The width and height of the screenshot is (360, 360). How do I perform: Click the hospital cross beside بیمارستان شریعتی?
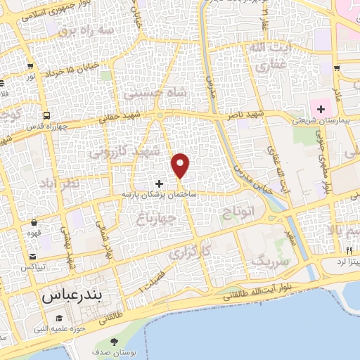pos(321,109)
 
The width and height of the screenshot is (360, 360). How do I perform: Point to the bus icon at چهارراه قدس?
pos(46,115)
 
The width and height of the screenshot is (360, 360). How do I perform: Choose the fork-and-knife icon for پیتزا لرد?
pos(349,250)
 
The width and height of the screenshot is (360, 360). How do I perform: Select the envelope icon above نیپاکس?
pos(32,257)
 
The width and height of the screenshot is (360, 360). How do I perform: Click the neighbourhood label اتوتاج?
pos(236,213)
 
